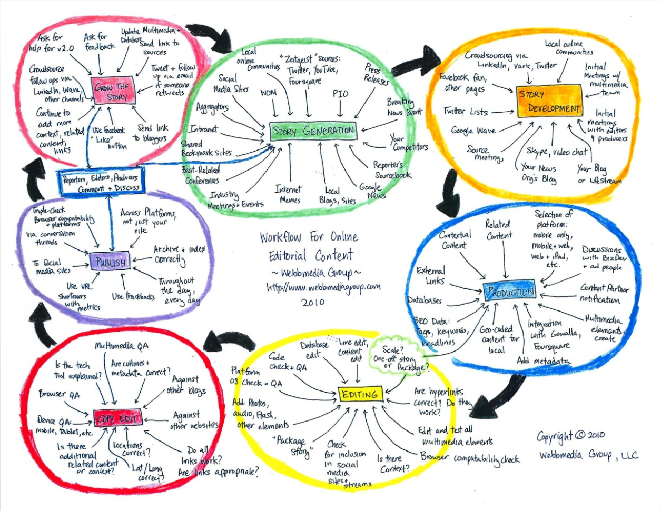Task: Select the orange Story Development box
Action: tap(549, 101)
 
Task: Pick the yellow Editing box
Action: tap(360, 394)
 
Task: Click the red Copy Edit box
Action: tap(118, 419)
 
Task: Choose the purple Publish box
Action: tap(110, 262)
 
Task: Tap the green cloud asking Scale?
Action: tap(398, 357)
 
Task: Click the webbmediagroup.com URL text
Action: tap(323, 287)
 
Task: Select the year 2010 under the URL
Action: tap(313, 302)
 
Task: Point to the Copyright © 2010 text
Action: tap(570, 436)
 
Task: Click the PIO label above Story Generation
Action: tap(340, 94)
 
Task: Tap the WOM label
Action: tap(268, 93)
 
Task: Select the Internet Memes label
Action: tap(289, 195)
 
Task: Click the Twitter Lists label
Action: tap(465, 112)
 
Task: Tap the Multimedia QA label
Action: tap(122, 346)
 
